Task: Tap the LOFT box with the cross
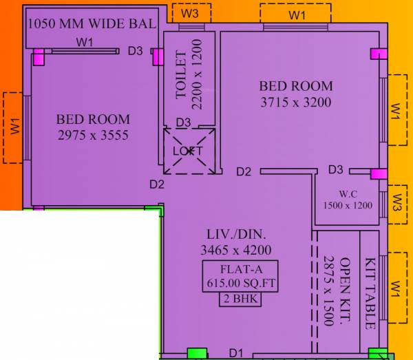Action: point(189,150)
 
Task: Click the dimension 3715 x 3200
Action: point(296,103)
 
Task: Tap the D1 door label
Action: point(236,353)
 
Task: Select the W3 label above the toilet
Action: point(191,13)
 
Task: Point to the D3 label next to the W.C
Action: point(336,169)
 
